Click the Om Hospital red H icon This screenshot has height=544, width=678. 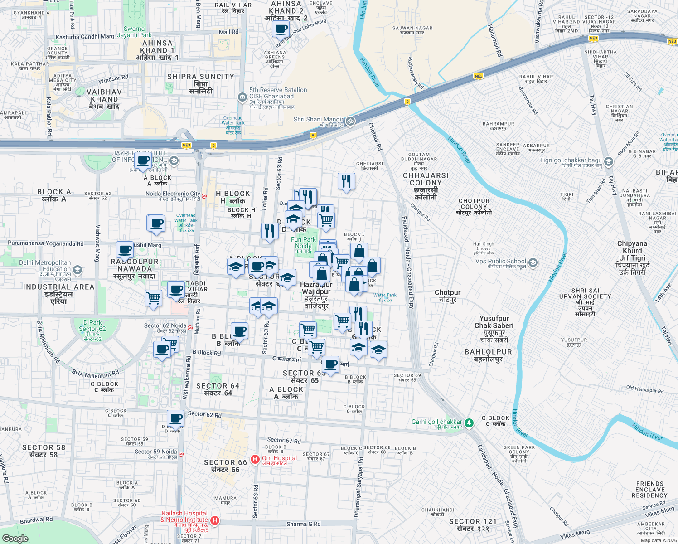click(255, 460)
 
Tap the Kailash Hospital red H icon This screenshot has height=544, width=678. click(215, 520)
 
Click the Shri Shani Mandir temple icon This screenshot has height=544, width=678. click(350, 121)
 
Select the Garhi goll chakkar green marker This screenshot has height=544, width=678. click(469, 423)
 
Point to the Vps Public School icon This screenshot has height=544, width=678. click(533, 262)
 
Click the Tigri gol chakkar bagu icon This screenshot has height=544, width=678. click(609, 162)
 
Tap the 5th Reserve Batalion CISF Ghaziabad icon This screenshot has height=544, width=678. click(242, 97)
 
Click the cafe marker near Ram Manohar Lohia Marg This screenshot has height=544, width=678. click(281, 29)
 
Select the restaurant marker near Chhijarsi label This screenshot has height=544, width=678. click(346, 181)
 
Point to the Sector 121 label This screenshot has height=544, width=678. click(473, 525)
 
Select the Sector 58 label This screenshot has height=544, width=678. click(44, 451)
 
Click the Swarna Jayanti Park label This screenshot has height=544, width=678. click(134, 32)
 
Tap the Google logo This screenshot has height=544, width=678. click(15, 538)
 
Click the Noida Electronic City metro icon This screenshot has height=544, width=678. click(204, 196)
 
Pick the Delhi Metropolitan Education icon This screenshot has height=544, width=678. click(77, 270)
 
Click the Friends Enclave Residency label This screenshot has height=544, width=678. click(649, 490)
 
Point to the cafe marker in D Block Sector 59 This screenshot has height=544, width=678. click(175, 418)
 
